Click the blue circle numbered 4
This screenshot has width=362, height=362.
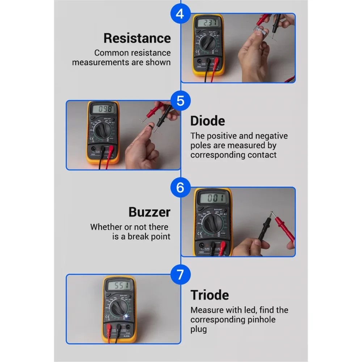[180, 14]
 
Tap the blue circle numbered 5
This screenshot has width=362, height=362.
[180, 101]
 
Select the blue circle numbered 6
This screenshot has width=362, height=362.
[180, 188]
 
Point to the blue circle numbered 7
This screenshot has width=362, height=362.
[180, 275]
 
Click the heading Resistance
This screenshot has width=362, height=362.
[137, 38]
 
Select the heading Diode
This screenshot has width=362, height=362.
[207, 121]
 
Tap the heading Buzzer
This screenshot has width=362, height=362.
[149, 212]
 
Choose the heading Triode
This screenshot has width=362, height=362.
[210, 295]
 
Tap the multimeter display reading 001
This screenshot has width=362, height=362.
[213, 198]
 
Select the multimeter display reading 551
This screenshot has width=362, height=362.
[119, 286]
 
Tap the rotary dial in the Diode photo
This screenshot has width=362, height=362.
[103, 131]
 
